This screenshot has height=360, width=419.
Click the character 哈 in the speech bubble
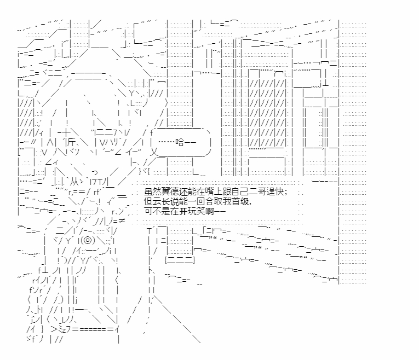tap(179, 143)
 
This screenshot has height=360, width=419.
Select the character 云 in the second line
tap(156, 201)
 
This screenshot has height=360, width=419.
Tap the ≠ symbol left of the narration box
tap(123, 220)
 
